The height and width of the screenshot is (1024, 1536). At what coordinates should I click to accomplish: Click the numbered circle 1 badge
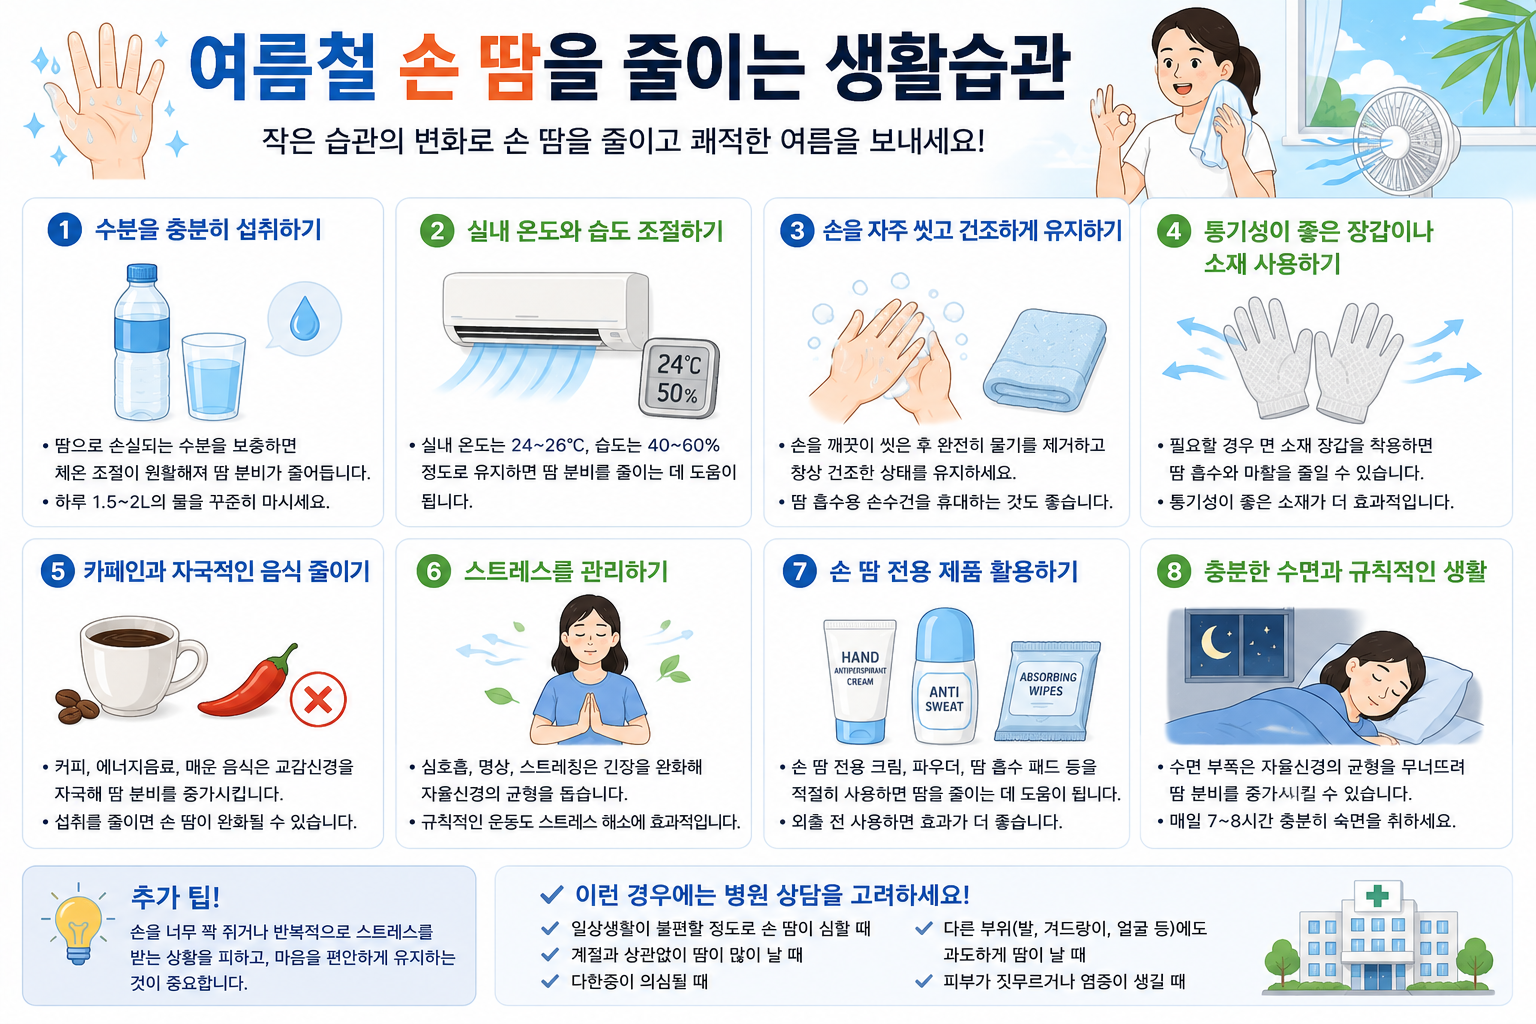point(64,230)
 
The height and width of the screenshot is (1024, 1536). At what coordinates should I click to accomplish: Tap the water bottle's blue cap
point(143,273)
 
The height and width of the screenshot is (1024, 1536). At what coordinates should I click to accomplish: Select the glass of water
point(213,377)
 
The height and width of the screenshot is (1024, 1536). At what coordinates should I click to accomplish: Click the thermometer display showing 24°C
point(679,378)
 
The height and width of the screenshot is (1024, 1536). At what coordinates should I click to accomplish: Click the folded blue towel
point(1045,360)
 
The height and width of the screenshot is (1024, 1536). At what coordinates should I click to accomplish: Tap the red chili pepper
point(249,682)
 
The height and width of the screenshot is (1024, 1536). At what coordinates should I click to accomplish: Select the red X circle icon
point(318,700)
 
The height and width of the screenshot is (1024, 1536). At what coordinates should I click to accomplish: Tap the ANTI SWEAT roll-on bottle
point(945,676)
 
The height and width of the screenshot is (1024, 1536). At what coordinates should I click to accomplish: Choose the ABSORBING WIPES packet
point(1046,691)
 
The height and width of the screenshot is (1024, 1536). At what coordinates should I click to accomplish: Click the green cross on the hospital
point(1378,896)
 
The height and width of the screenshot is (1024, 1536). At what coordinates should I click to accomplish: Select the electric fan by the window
point(1404,145)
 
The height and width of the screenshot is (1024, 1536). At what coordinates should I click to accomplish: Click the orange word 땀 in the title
point(509,67)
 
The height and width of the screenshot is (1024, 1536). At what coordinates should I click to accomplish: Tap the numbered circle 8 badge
point(1174,571)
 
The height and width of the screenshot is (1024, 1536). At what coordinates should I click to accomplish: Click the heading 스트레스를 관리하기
point(566,571)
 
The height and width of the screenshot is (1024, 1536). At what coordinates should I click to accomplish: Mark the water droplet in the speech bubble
point(304,318)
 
